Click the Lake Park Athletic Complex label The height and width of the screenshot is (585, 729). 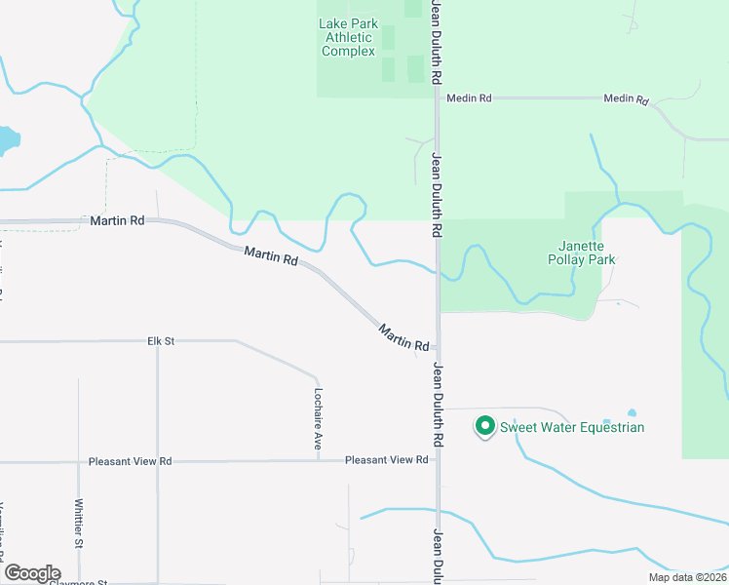348,38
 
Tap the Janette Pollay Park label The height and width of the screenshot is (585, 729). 589,253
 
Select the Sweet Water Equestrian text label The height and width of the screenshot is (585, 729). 572,427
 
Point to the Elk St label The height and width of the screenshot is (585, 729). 160,341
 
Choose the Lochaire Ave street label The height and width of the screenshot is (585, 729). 318,418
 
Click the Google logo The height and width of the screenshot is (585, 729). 32,573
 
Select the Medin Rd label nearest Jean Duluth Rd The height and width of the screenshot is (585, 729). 470,98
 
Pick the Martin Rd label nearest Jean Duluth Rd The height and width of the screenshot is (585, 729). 404,338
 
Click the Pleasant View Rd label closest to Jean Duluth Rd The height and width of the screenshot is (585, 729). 386,460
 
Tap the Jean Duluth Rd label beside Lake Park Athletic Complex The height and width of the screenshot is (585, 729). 438,44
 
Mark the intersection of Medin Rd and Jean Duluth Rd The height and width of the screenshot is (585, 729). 438,98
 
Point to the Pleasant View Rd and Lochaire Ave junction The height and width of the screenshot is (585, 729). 318,460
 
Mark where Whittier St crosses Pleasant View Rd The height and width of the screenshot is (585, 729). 79,461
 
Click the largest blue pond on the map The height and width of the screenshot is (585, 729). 5,139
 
